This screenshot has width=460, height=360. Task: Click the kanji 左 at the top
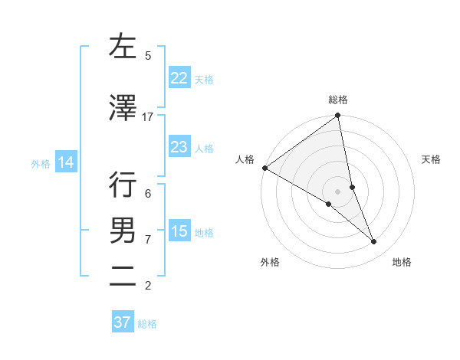point(123,47)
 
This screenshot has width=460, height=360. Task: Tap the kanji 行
point(123,185)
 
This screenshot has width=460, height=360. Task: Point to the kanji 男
point(123,230)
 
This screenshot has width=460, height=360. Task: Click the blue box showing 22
point(179,78)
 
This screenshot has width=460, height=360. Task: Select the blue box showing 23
point(179,147)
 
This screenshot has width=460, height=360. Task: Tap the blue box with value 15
point(179,231)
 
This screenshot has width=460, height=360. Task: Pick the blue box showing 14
point(66,162)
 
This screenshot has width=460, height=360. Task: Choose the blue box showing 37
point(122,322)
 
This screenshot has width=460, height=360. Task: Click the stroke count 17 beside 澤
point(148,117)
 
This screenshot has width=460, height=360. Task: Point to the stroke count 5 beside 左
point(148,56)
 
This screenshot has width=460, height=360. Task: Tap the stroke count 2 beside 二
point(148,286)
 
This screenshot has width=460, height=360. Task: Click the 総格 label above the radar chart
point(338,100)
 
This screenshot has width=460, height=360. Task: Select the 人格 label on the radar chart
point(245,159)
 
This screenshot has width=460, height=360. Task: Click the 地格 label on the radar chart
point(402,263)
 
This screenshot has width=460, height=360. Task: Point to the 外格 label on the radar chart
point(270,263)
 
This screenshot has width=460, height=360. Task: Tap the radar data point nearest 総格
point(337,116)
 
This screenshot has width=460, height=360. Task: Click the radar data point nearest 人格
point(264,168)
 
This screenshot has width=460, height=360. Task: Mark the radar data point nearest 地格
point(374,242)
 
